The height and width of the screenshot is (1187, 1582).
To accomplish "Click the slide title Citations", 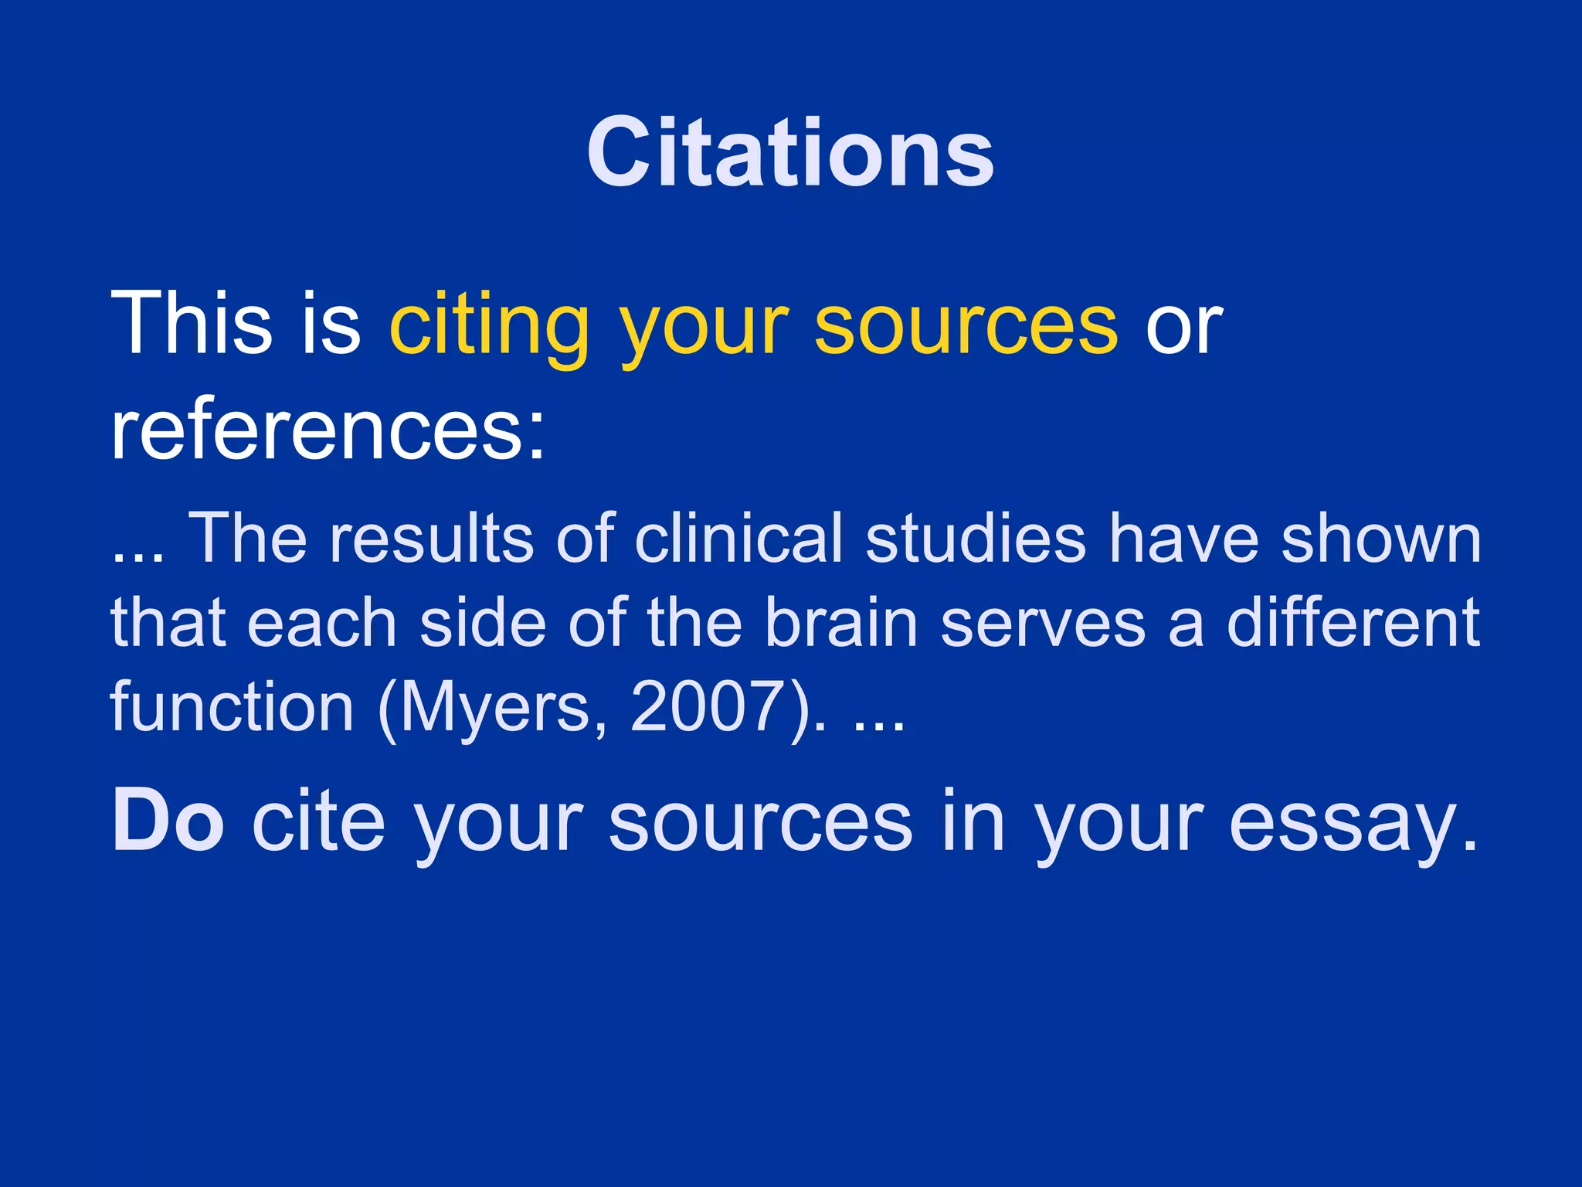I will click(790, 152).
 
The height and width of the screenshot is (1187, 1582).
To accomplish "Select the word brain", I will click(841, 623).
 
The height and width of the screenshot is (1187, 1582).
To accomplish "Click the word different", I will click(1353, 623).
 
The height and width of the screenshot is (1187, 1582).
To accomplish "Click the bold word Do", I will click(168, 821).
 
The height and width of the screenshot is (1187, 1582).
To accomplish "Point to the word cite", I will click(318, 821).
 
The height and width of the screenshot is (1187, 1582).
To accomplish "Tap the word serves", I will click(1043, 624).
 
